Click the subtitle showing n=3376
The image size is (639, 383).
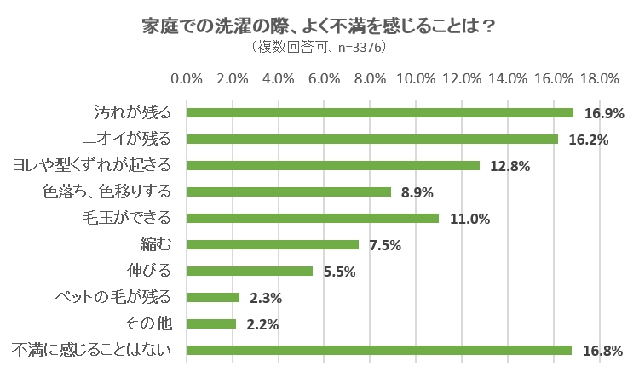pos(319,47)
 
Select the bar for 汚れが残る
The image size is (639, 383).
pos(380,112)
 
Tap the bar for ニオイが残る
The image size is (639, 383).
pos(372,139)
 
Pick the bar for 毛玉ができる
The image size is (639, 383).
pos(313,218)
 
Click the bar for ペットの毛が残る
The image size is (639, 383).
pos(213,297)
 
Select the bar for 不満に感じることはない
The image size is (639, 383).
pos(379,350)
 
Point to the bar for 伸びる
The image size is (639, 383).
pos(250,271)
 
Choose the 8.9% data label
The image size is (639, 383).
pos(417,192)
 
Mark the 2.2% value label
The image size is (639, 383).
pos(264,324)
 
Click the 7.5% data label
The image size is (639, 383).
pos(385,245)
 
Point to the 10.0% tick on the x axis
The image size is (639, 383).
pos(417,79)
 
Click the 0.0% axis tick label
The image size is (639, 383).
pos(187,79)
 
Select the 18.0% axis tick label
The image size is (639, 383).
pos(599,79)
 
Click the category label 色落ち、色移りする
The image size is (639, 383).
pos(106,191)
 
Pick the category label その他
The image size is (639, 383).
pos(148,323)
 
